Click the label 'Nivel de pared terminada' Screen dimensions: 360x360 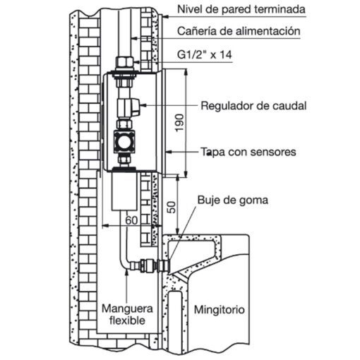[x=241, y=9]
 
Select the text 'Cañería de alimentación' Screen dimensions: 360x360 [x=239, y=31]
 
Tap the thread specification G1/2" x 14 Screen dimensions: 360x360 [x=205, y=54]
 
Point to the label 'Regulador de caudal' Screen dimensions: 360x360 [x=253, y=106]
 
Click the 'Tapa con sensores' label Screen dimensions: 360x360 [x=248, y=152]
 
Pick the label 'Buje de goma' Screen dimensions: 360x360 [x=233, y=200]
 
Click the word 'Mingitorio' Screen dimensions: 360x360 [x=220, y=309]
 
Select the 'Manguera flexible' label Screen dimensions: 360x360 [x=127, y=314]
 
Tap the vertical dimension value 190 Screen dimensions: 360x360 [x=179, y=123]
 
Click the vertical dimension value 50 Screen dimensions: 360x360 [x=172, y=207]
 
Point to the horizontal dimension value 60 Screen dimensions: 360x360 [x=131, y=220]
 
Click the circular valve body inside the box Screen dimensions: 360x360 [x=124, y=142]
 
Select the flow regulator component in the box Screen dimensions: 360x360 [x=128, y=107]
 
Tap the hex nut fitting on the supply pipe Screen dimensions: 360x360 [x=124, y=63]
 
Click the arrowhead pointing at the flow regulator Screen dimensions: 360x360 [x=143, y=105]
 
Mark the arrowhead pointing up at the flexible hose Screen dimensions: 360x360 [x=127, y=273]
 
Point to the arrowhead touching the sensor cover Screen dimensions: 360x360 [x=169, y=152]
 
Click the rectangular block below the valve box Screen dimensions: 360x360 [x=124, y=191]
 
